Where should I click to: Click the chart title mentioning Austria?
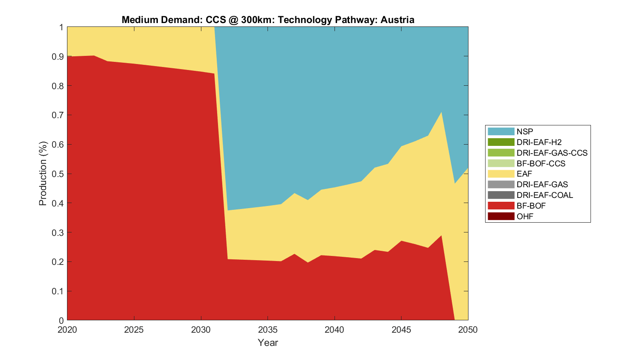268,20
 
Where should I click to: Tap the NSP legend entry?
525,131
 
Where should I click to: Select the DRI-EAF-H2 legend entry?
539,142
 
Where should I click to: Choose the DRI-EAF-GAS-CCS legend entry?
552,153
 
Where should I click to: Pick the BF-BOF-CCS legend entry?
541,163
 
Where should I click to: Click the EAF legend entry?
524,174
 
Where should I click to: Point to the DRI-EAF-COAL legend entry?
544,195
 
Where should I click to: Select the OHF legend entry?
525,216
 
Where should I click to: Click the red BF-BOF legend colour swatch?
501,206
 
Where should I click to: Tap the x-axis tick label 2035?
268,330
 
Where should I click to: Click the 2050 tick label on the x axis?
468,330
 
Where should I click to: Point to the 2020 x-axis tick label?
67,330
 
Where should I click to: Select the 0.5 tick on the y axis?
58,174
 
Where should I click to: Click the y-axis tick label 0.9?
58,56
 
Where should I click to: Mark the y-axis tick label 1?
61,27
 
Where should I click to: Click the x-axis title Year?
268,343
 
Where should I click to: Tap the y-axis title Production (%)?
43,174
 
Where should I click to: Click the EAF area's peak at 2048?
441,112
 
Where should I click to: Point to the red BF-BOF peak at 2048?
441,235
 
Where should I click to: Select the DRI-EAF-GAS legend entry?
542,184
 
